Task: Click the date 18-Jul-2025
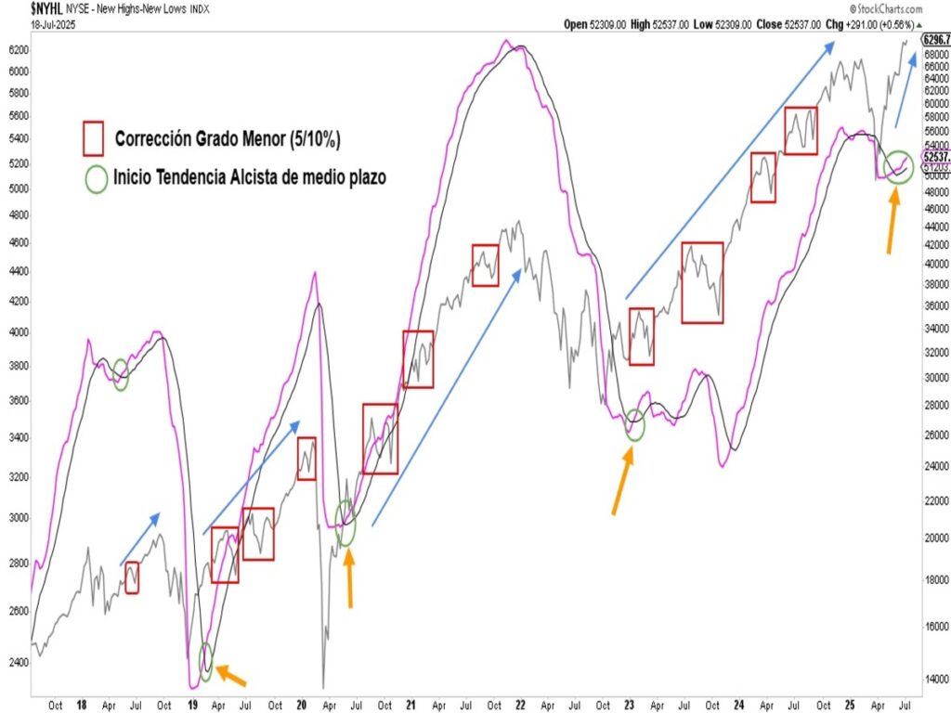(53, 25)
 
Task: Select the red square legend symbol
(92, 139)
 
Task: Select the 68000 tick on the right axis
(935, 55)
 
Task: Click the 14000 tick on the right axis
(935, 680)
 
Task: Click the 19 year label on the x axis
(194, 705)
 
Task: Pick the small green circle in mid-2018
(121, 379)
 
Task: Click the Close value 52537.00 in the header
(795, 25)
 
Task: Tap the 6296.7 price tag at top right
(935, 40)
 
